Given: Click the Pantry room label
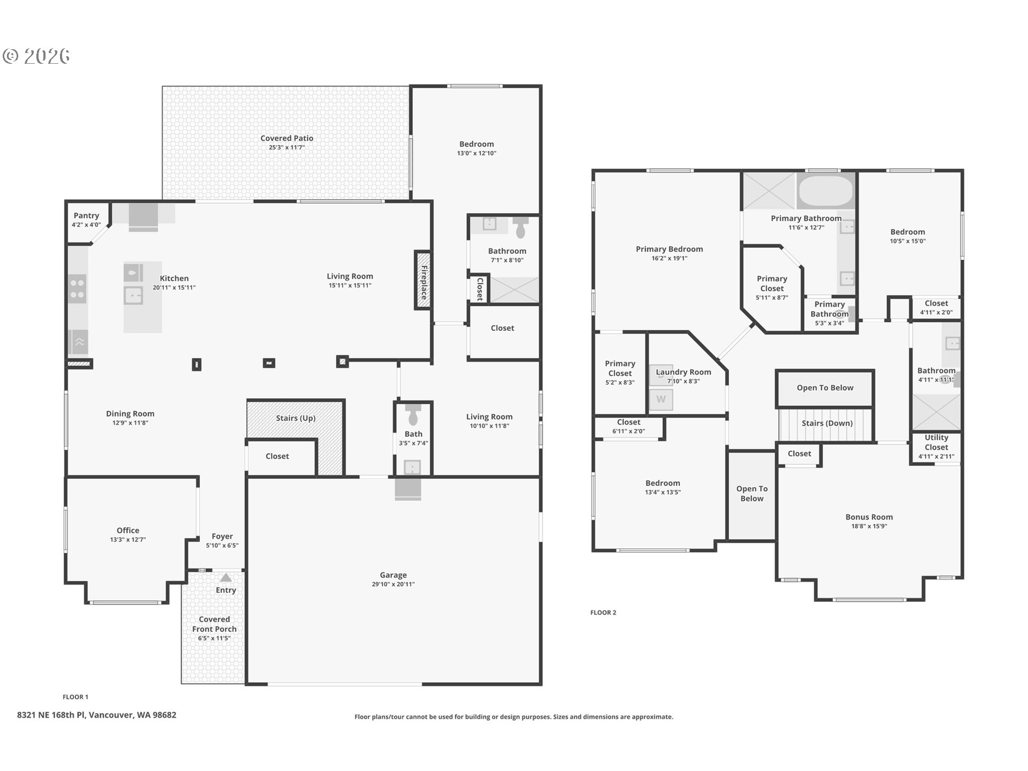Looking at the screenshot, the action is pos(86,216).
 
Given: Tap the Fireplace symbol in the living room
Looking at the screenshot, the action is pos(423,280).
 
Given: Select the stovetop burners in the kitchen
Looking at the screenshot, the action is pos(78,288).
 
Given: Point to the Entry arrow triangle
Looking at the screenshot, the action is pos(226,578).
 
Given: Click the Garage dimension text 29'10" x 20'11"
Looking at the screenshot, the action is pos(394,584).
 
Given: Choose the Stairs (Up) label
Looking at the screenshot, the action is pos(296,418).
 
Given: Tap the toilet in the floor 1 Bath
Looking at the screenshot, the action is pos(413,414).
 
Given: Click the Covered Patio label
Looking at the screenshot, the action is pos(287,138).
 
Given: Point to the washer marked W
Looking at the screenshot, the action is pos(661,399).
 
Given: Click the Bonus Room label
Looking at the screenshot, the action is pos(869,517).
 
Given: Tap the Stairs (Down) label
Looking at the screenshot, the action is pos(827,424).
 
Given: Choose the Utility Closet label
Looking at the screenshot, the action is pos(936,442).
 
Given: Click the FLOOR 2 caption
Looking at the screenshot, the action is pos(603,613).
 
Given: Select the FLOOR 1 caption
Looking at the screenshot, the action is pos(75,697).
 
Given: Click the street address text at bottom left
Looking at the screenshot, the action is pos(96,715).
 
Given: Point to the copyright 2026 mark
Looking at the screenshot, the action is pos(36,56).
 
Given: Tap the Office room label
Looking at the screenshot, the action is pos(128,531).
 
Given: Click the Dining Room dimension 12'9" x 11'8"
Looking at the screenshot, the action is pos(130,423).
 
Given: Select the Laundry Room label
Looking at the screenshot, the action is pos(684,372).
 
